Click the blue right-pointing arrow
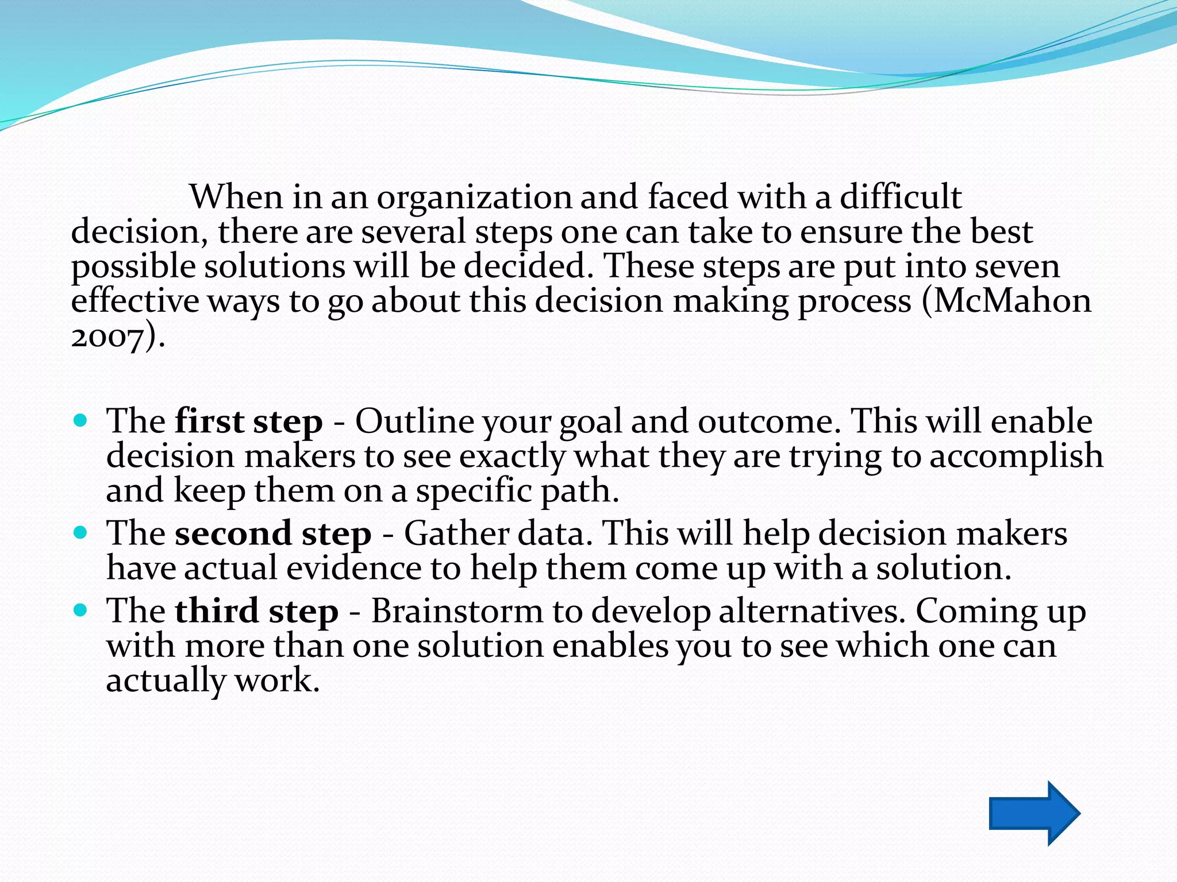[1033, 813]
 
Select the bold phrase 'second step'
[273, 534]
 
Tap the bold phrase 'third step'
[256, 611]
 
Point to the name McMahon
[1011, 301]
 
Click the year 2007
[107, 337]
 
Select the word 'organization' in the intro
[474, 198]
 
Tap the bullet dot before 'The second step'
[81, 533]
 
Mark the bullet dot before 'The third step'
[81, 610]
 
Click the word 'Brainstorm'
[457, 611]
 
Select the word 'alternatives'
[811, 611]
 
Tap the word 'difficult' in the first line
[901, 198]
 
